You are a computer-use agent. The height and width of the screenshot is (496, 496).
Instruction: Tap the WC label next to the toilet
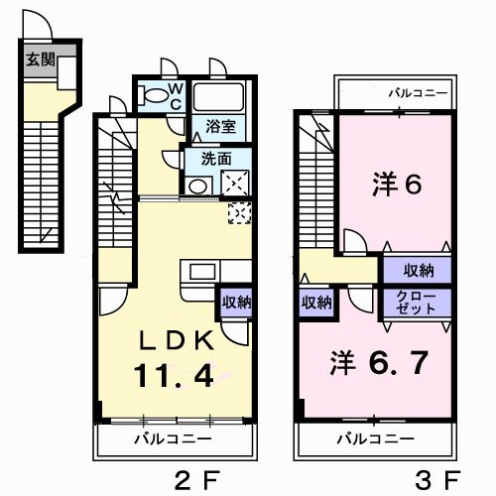(175, 95)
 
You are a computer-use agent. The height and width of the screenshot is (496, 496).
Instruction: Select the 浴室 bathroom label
(220, 126)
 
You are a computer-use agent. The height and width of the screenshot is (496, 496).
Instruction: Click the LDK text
(177, 339)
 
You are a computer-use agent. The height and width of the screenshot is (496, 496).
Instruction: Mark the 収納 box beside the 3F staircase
(316, 303)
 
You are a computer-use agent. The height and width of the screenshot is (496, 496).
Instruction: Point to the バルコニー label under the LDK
(173, 437)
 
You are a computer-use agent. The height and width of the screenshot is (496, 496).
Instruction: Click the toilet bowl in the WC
(155, 96)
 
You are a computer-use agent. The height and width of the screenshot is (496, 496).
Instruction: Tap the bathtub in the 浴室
(219, 97)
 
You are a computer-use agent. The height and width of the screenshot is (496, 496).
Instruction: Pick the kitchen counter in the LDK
(204, 272)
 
